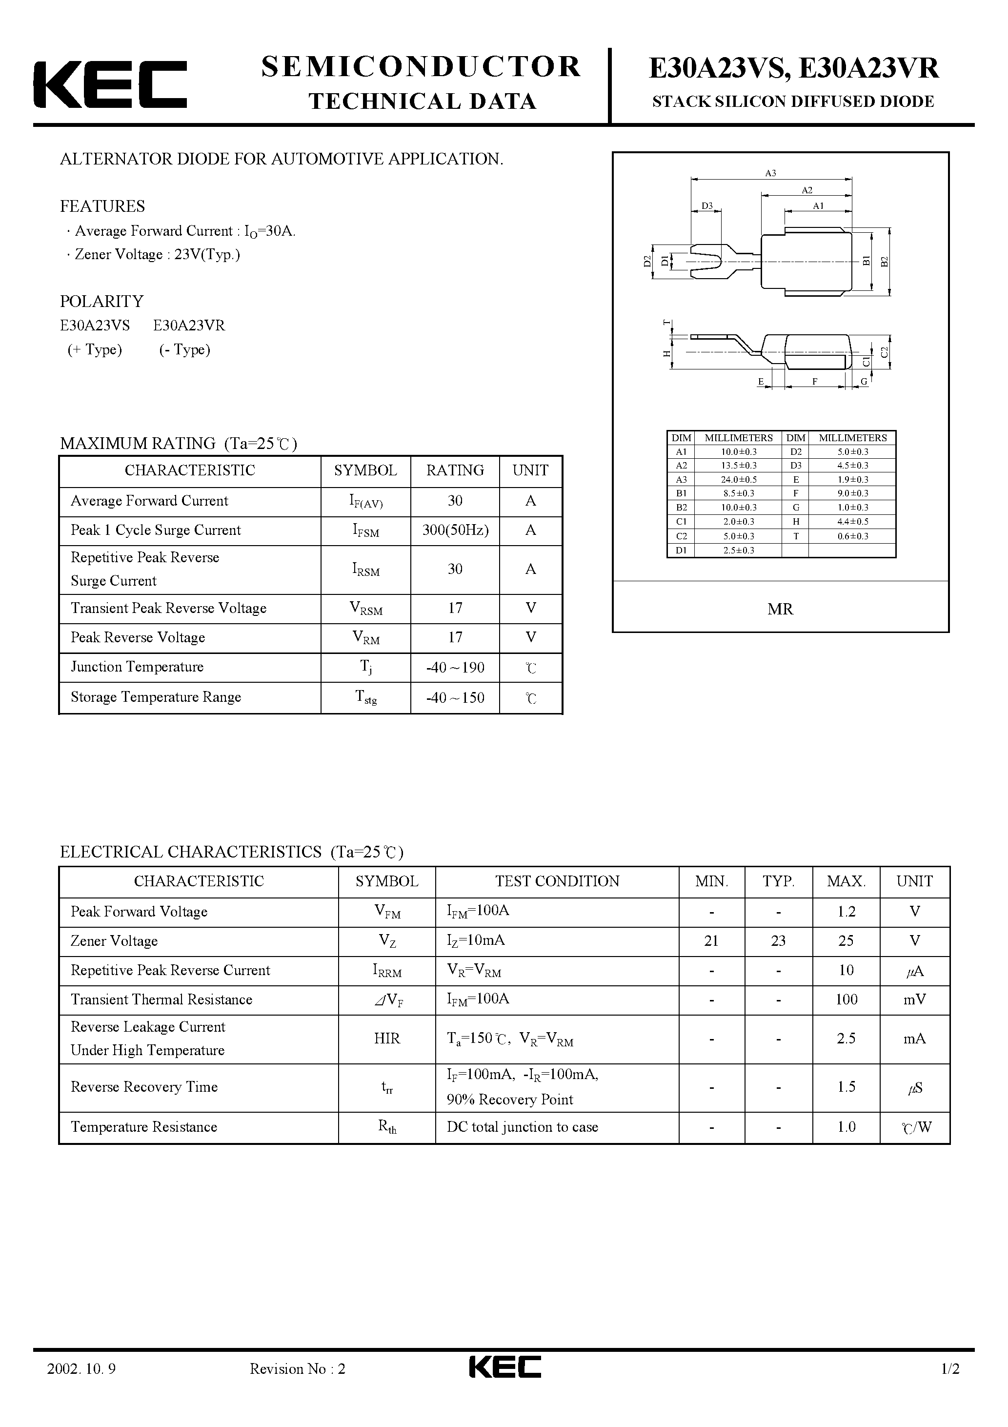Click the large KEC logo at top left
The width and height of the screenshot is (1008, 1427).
click(x=110, y=84)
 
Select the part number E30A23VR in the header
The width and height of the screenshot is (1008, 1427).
click(x=869, y=68)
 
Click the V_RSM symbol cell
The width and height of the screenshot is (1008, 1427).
click(x=366, y=609)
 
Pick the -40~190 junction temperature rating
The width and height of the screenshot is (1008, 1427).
click(x=455, y=668)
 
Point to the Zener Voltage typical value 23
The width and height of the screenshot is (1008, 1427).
click(x=778, y=941)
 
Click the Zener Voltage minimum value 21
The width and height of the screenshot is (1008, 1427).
click(x=711, y=941)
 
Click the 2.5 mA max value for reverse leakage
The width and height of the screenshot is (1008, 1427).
click(x=846, y=1039)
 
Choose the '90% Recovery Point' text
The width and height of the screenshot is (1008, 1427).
click(x=509, y=1100)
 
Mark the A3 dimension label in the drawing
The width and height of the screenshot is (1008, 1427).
click(x=770, y=173)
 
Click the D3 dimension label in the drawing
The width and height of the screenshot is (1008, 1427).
click(x=706, y=206)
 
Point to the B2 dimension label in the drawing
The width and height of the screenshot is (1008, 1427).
click(x=885, y=261)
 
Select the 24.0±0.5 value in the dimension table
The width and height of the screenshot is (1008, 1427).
click(x=738, y=479)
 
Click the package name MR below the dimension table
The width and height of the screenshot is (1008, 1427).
click(x=780, y=610)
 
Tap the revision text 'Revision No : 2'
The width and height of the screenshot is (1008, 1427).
click(x=297, y=1386)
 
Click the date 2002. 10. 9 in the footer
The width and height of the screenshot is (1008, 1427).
click(x=81, y=1386)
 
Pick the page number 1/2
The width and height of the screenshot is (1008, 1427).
click(x=950, y=1386)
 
